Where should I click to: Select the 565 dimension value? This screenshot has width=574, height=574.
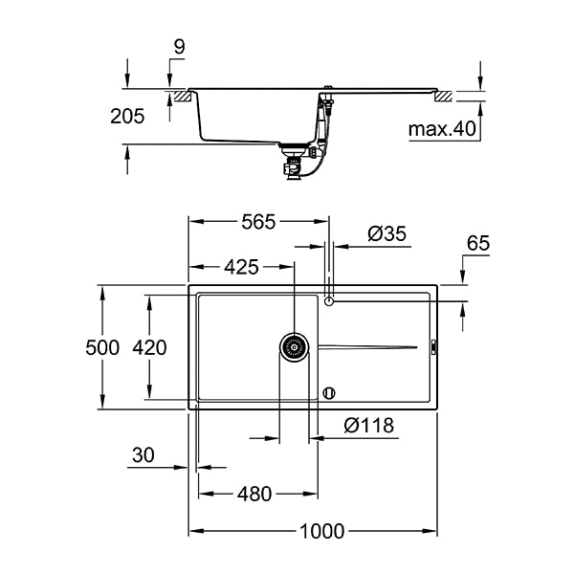[257, 222]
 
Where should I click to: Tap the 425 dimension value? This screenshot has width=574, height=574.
[241, 267]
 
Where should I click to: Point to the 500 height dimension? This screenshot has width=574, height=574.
[102, 347]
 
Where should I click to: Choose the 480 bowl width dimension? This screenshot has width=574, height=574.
[254, 494]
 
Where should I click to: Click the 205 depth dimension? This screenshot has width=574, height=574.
[127, 117]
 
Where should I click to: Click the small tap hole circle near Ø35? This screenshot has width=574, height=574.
[330, 301]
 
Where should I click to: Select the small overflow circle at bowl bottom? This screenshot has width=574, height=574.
[330, 391]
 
